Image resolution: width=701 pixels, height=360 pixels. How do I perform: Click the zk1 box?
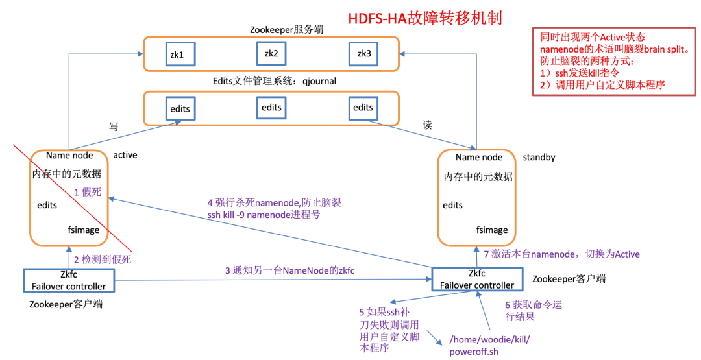[x=177, y=54]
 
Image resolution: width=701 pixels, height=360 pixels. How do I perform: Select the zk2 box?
[x=271, y=53]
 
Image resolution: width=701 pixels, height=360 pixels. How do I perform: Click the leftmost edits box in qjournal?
[x=180, y=108]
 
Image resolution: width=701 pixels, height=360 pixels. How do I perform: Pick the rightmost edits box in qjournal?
[x=363, y=108]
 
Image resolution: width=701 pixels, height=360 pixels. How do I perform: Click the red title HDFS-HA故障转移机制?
[x=425, y=16]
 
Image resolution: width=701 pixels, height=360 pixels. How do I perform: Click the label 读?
[x=427, y=125]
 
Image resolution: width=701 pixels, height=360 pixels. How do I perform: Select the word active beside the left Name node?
[x=125, y=156]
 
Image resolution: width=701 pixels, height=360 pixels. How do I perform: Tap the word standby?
[x=539, y=158]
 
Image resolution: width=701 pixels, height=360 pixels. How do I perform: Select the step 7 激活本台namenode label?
[x=553, y=254]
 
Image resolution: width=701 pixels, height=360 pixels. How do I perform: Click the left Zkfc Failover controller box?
[x=64, y=280]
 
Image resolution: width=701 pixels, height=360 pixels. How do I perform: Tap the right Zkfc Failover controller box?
[x=476, y=280]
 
